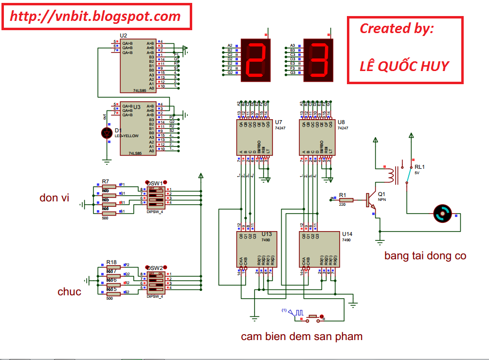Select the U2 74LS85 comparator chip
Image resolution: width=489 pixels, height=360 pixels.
(x=138, y=66)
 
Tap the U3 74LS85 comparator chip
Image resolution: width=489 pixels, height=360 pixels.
(x=138, y=129)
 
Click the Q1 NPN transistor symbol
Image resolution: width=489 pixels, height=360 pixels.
(x=372, y=199)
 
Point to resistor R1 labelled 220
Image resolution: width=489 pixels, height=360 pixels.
(x=346, y=199)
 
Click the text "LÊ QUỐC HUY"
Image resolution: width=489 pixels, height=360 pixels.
(x=404, y=66)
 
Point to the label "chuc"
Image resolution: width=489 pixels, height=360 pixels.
(x=69, y=291)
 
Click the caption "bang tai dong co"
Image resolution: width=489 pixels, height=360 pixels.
(x=425, y=255)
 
